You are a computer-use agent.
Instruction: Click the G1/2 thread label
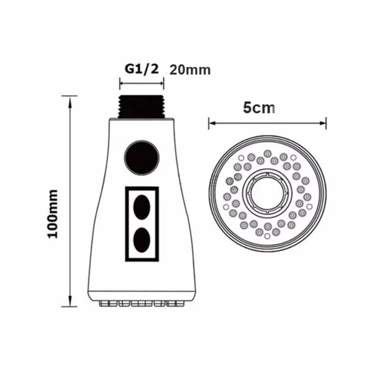pyautogui.click(x=142, y=69)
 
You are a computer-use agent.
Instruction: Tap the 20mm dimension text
pyautogui.click(x=190, y=70)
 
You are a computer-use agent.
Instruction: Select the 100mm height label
pyautogui.click(x=52, y=214)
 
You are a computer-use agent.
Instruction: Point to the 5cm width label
pyautogui.click(x=259, y=108)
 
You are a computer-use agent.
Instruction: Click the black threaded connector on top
pyautogui.click(x=142, y=106)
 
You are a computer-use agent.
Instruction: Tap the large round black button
pyautogui.click(x=142, y=158)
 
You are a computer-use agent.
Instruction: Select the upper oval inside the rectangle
pyautogui.click(x=142, y=207)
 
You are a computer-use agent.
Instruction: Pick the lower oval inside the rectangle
pyautogui.click(x=142, y=240)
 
